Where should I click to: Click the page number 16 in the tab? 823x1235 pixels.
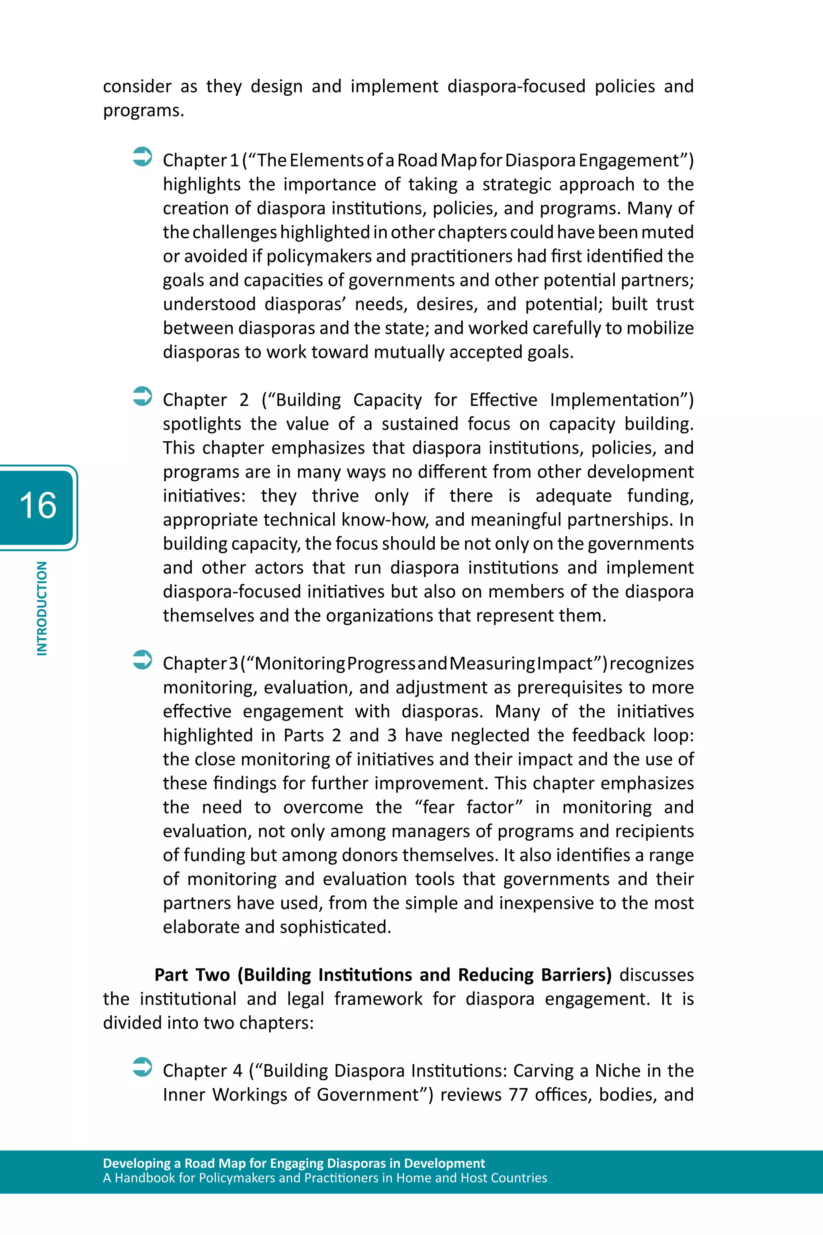[x=38, y=506]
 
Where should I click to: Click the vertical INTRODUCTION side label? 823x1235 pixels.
[x=41, y=608]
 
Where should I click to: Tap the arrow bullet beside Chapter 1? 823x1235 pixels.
[x=142, y=156]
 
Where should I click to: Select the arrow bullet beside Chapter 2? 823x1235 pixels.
[x=142, y=396]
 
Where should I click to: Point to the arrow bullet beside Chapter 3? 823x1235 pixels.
[x=142, y=660]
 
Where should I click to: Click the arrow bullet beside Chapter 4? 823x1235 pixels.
[x=142, y=1067]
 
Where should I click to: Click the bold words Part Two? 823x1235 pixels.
[x=192, y=975]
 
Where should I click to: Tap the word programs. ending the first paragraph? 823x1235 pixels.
[x=143, y=111]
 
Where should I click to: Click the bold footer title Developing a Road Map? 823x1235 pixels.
[x=293, y=1163]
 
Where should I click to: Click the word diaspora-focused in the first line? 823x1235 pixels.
[x=516, y=86]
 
